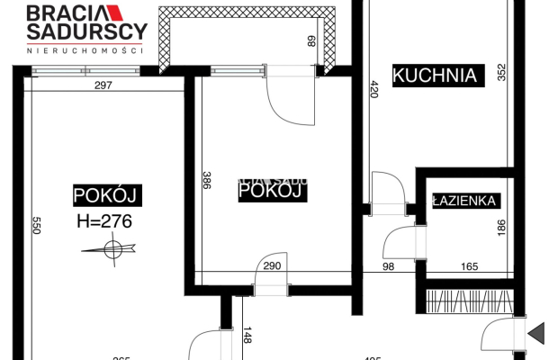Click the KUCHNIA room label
434,75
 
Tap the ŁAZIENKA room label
464,201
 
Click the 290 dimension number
272,266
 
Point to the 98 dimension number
388,266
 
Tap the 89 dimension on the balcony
310,40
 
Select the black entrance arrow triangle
537,333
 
